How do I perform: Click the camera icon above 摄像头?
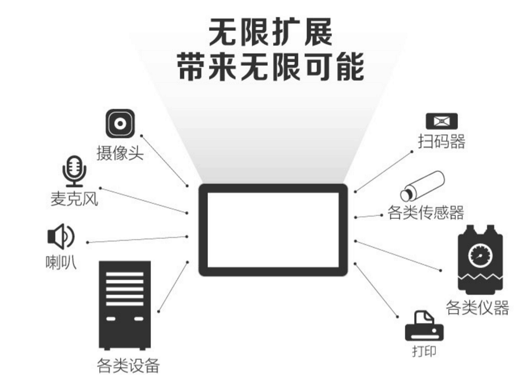click(120, 124)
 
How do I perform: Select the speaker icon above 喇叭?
click(61, 236)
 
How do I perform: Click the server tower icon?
click(125, 306)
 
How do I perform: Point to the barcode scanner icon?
click(442, 121)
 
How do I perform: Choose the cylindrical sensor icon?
click(422, 186)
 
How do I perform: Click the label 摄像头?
click(120, 153)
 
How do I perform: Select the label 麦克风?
click(74, 198)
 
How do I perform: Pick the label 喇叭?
click(61, 262)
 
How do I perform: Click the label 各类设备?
click(128, 365)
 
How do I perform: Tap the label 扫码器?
click(442, 141)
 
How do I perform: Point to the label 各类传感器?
click(426, 213)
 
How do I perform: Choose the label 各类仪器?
click(477, 307)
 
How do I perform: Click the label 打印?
click(424, 351)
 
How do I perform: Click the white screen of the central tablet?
click(273, 230)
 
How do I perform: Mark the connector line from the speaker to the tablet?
click(137, 239)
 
